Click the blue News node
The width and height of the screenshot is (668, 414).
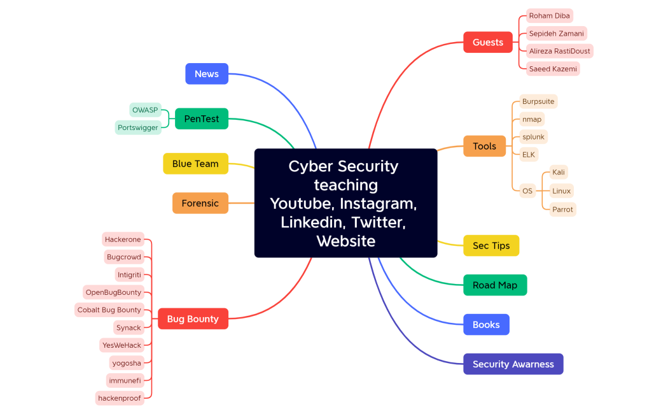coord(207,74)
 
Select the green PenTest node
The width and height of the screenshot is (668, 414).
coord(202,118)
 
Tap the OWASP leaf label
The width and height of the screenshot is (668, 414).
coord(145,110)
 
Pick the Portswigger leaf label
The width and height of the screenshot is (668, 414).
coord(138,127)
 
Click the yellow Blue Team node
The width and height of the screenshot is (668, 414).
coord(195,164)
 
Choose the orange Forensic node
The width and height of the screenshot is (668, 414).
coord(200,203)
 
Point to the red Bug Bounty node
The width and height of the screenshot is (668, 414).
coord(193,319)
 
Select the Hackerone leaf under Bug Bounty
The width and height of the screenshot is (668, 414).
coord(123,239)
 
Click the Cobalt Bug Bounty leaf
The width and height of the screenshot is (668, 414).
coord(109,310)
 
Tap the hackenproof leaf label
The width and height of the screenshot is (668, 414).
coord(120,398)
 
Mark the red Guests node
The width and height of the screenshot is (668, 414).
coord(488,43)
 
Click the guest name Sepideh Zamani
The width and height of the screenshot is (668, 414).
coord(556,34)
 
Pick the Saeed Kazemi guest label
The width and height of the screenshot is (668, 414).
coord(552,69)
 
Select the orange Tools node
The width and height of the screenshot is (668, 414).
coord(484,146)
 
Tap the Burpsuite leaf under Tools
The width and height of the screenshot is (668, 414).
coord(538,101)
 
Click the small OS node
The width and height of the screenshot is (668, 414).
coord(527,190)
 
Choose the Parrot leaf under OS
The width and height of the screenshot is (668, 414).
coord(562,210)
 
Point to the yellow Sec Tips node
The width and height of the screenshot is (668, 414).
coord(491,246)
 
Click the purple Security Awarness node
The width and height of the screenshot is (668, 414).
coord(513,364)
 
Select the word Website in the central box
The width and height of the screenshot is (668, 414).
coord(345,241)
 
